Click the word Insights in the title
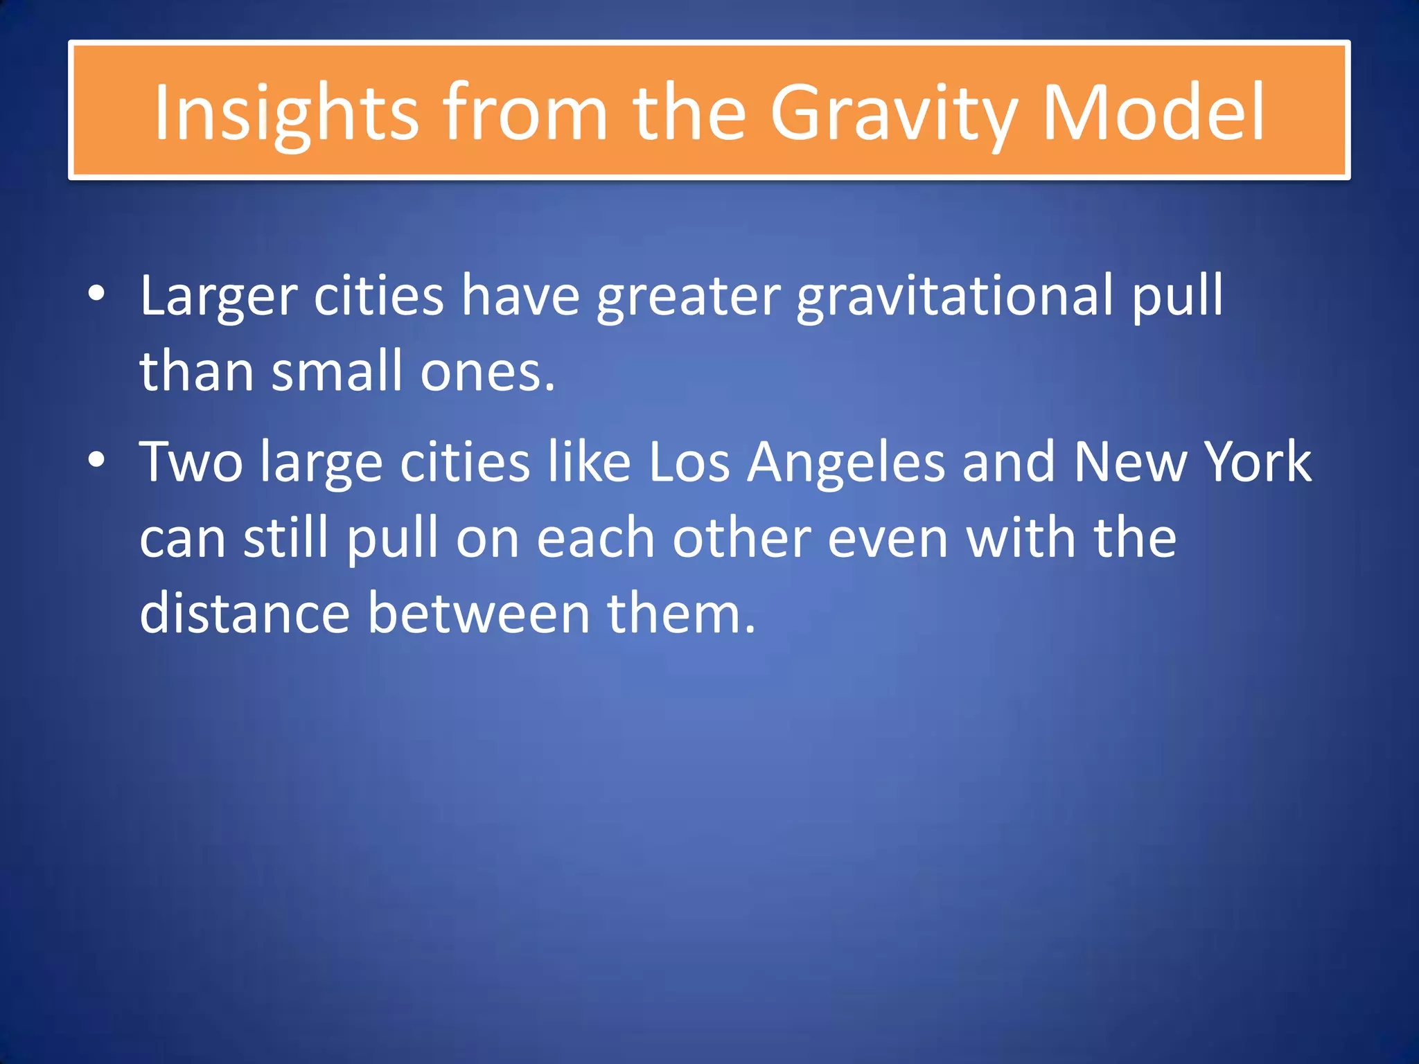coord(285,112)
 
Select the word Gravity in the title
coord(894,112)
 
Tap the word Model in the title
coord(1153,112)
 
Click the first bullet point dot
coord(97,294)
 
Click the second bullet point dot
coord(97,460)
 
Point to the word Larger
coord(218,296)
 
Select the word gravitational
coord(955,296)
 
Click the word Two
coord(191,461)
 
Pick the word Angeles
coord(847,463)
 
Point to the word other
coord(742,538)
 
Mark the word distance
coord(245,614)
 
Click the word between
coord(478,614)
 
